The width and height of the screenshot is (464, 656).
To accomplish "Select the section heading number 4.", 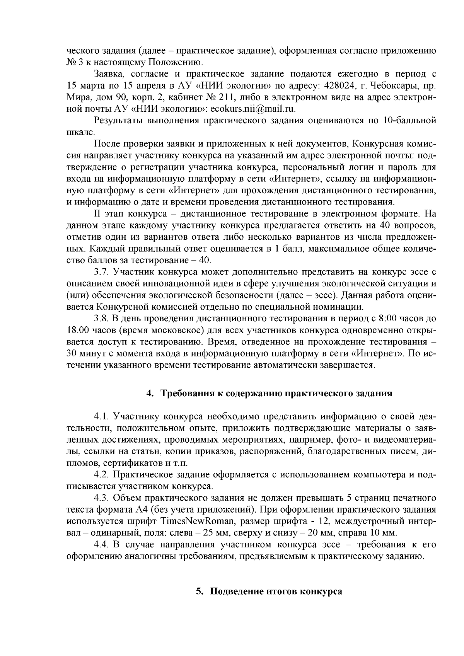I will (x=148, y=394).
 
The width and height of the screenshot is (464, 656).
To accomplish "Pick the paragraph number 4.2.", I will (x=102, y=474).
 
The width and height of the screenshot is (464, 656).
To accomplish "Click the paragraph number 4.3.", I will (x=102, y=498).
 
